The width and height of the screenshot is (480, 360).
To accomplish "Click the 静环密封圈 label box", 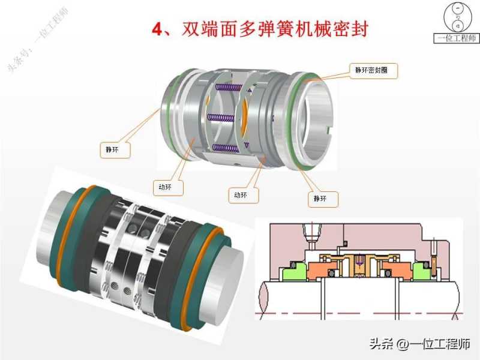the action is click(373, 71).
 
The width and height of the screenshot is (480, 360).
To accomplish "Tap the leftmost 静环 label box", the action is click(115, 149).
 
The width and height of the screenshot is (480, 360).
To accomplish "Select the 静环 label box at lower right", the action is click(323, 199).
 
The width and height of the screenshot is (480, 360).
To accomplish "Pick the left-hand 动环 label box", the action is click(168, 187).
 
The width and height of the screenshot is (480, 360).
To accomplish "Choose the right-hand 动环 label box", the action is click(244, 195).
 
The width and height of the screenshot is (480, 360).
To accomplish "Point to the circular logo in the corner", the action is click(457, 17).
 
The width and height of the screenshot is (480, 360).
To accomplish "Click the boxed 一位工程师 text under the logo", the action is click(457, 38).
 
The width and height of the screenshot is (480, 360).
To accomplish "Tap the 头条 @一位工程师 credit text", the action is click(419, 344).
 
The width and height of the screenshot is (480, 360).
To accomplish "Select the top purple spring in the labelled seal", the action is click(229, 88).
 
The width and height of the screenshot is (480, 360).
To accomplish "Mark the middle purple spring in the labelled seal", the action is click(221, 117).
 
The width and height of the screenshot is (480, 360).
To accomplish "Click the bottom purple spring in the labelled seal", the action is click(226, 148).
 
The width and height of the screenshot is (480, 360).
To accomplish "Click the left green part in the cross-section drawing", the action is click(294, 271).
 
